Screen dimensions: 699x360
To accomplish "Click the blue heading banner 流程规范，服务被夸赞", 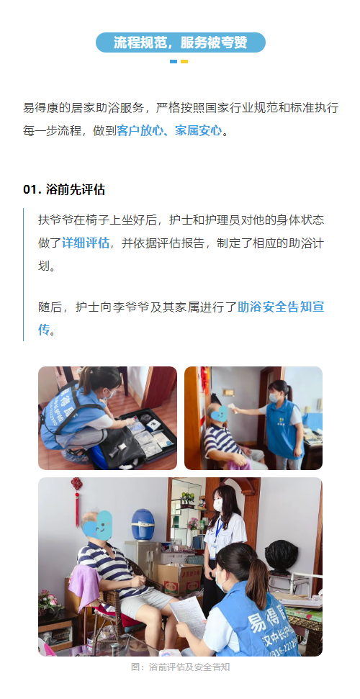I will coord(180,42).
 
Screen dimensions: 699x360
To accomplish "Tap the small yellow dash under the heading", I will coord(184,62).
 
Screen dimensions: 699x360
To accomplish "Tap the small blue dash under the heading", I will coord(174,62).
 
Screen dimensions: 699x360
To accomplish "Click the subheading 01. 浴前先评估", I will coord(64,189).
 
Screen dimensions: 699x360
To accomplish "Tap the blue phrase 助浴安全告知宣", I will coord(281,307).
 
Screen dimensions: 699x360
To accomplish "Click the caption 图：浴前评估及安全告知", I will coord(180,667).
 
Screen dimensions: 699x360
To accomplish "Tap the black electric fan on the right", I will coord(281,556).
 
